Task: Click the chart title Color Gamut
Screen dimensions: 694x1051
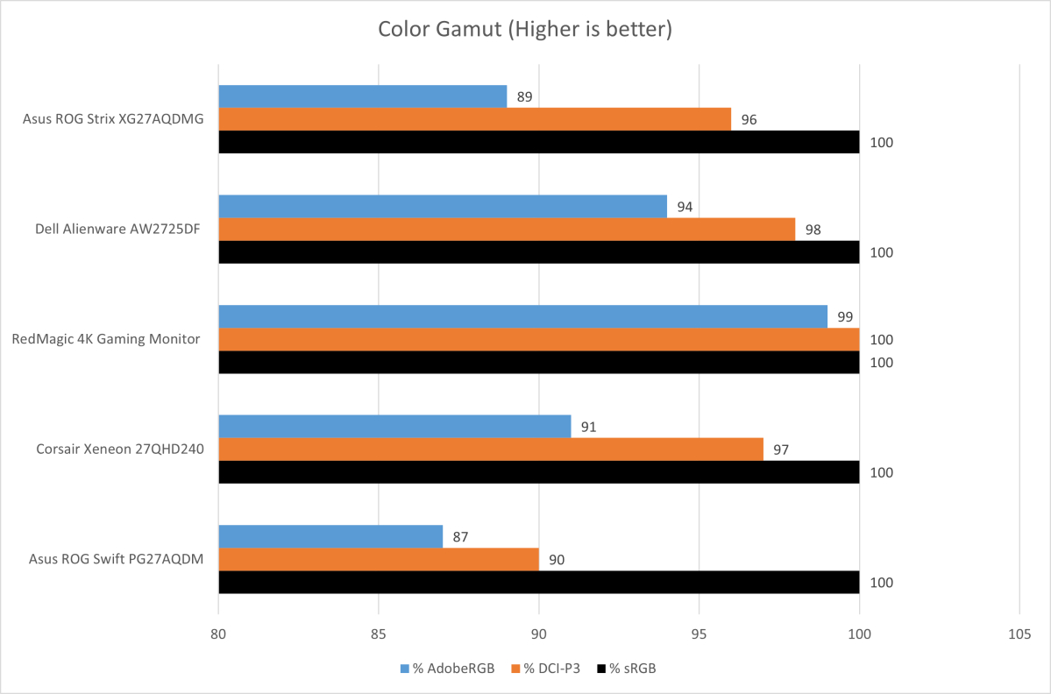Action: pos(524,29)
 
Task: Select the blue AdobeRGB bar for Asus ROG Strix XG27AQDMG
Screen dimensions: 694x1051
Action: pos(362,96)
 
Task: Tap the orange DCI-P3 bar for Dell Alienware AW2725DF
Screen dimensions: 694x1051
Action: pos(507,229)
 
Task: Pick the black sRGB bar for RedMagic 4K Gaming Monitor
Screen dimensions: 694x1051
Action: pos(538,362)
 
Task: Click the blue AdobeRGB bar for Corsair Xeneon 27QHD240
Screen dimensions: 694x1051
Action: pos(394,427)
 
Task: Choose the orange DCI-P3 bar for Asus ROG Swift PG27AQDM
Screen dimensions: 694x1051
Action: pos(379,559)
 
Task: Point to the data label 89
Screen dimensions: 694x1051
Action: pos(525,97)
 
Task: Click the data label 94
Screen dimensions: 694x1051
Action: pos(685,208)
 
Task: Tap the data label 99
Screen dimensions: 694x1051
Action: pos(845,317)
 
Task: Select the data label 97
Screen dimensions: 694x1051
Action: pos(781,450)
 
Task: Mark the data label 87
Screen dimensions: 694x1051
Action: pos(461,537)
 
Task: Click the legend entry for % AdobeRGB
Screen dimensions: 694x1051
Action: pos(447,669)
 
